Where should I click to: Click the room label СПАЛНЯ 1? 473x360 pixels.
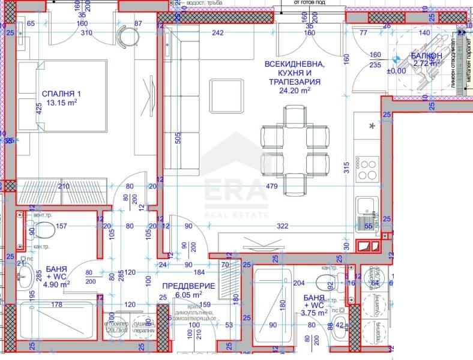[x=61, y=94]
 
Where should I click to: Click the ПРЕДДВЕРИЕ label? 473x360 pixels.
[x=179, y=286]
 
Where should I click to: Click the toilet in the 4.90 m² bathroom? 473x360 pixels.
[x=43, y=230]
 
